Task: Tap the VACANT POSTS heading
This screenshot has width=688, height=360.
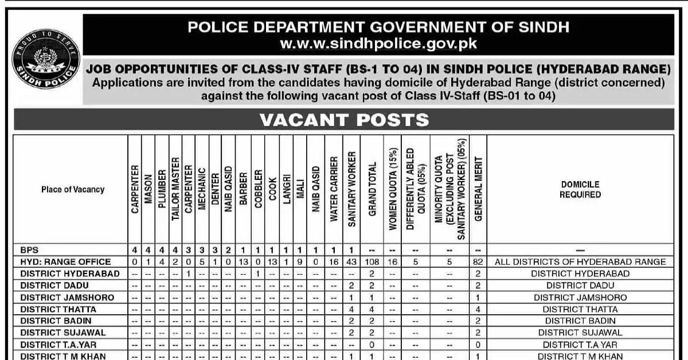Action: pos(344,119)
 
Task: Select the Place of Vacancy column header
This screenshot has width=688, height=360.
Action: pos(73,189)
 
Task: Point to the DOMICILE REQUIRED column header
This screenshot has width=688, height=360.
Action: pos(580,189)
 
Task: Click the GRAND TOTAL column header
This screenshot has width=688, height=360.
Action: pos(372,189)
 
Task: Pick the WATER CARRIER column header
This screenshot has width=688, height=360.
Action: pos(333,189)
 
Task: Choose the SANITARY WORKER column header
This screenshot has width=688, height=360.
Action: pos(351,189)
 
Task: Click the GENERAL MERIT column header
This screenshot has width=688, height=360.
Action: pos(478,189)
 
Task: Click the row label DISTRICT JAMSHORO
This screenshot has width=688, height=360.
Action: pos(67,298)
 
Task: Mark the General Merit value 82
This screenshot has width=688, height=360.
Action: pos(478,262)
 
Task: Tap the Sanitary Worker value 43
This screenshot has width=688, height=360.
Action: pos(351,262)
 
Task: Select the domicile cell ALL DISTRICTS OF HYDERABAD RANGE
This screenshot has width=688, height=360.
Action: pos(580,262)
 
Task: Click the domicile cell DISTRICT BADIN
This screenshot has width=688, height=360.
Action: pos(580,320)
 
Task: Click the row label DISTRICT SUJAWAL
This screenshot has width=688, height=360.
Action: pos(63,332)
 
